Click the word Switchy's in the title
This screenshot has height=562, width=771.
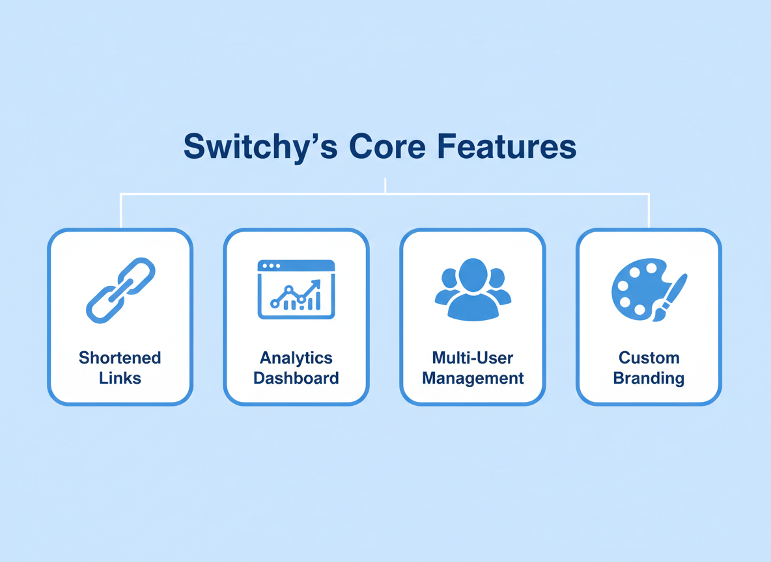pyautogui.click(x=260, y=147)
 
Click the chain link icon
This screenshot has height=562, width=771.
pyautogui.click(x=120, y=290)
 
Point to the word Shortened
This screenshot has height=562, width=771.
pyautogui.click(x=120, y=358)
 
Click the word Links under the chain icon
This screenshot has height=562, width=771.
pyautogui.click(x=120, y=378)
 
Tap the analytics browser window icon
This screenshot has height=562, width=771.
pyautogui.click(x=296, y=289)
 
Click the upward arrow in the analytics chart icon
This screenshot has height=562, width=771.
pyautogui.click(x=313, y=286)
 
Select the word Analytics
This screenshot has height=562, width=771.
pyautogui.click(x=296, y=358)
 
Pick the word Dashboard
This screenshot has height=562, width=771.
pyautogui.click(x=296, y=378)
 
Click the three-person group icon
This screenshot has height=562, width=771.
pyautogui.click(x=473, y=289)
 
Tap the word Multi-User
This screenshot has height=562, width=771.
pyautogui.click(x=473, y=358)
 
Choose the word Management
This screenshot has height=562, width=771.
pyautogui.click(x=473, y=378)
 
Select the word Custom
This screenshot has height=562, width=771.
pyautogui.click(x=649, y=358)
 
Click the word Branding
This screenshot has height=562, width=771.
pyautogui.click(x=649, y=378)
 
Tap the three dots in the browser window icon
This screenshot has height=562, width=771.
pyautogui.click(x=271, y=266)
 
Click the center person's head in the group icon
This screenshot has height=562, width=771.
pyautogui.click(x=473, y=275)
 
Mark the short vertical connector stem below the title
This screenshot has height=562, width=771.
pyautogui.click(x=385, y=185)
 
